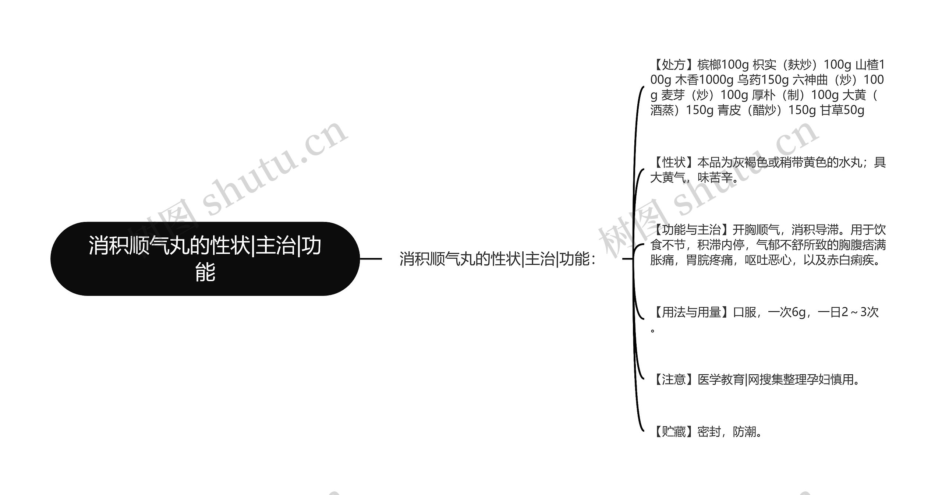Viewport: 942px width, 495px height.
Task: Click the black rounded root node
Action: click(x=205, y=258)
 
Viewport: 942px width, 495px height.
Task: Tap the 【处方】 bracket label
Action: click(x=673, y=65)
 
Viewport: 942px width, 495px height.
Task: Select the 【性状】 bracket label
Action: click(x=673, y=162)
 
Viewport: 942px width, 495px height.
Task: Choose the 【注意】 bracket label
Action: click(x=673, y=379)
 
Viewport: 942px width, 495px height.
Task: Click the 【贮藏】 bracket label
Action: click(x=673, y=432)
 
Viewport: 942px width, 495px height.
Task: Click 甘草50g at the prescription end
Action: click(x=842, y=110)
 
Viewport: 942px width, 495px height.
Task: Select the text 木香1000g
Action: click(x=704, y=80)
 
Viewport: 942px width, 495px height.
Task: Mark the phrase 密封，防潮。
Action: click(x=730, y=432)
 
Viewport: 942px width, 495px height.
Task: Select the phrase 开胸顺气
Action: click(x=756, y=230)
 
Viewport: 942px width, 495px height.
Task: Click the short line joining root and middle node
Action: click(x=371, y=259)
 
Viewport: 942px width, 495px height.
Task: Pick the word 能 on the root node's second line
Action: click(x=205, y=272)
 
